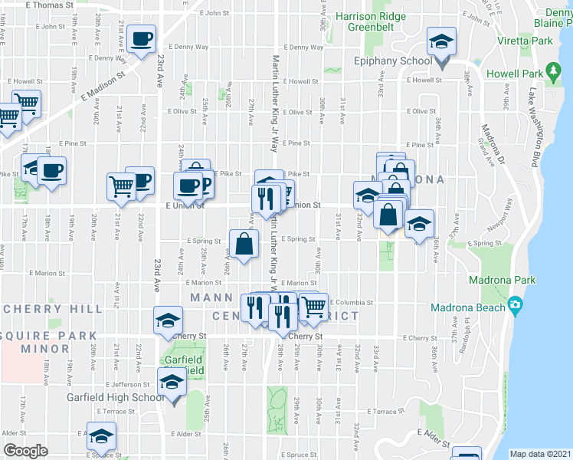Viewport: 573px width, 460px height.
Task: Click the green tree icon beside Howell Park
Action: tap(554, 73)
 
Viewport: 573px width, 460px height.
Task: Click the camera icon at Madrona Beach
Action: tap(516, 306)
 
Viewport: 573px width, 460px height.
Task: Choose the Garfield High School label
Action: tap(115, 397)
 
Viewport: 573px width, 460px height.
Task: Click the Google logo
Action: tap(25, 450)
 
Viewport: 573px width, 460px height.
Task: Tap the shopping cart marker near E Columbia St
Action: tap(313, 307)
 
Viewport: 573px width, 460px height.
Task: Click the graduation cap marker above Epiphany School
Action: tap(440, 41)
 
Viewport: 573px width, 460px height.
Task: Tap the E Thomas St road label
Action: tap(54, 5)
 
